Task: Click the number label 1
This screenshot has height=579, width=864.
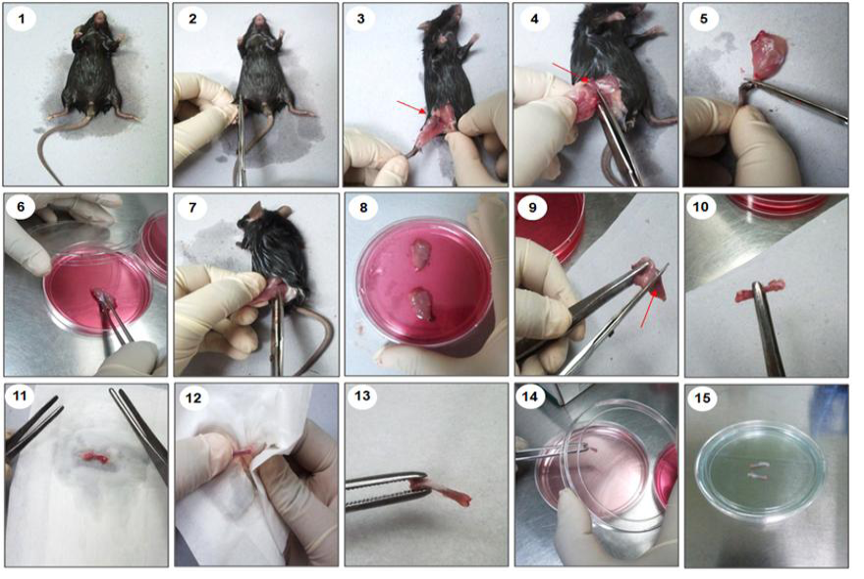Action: click(22, 19)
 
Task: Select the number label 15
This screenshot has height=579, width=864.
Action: click(703, 397)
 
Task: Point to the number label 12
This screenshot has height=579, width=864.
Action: click(194, 397)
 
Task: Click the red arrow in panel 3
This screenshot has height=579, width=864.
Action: click(411, 108)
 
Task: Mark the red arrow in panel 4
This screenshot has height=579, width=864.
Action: click(571, 73)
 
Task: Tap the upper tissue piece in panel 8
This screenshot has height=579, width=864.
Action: click(421, 254)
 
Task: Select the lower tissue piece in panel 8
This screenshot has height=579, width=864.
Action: click(423, 303)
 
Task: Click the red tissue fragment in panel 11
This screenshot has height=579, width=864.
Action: click(93, 456)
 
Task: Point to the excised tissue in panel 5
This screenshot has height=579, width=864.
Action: click(769, 57)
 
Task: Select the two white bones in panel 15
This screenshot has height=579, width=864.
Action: click(759, 470)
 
